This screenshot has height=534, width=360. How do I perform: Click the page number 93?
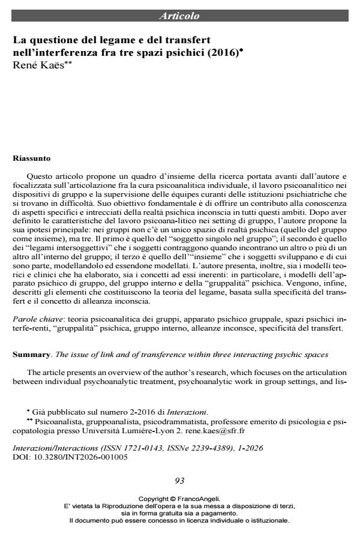tap(179, 481)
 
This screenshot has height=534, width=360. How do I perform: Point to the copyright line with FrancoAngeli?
tap(179, 498)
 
